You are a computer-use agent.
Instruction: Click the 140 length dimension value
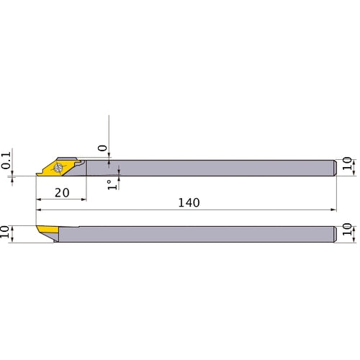coord(189,203)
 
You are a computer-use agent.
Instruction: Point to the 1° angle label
coord(111,184)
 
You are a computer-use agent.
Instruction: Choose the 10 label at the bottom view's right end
coord(348,234)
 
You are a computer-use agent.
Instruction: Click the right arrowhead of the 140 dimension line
coord(333,210)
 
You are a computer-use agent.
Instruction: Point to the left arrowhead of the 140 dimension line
coord(39,210)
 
